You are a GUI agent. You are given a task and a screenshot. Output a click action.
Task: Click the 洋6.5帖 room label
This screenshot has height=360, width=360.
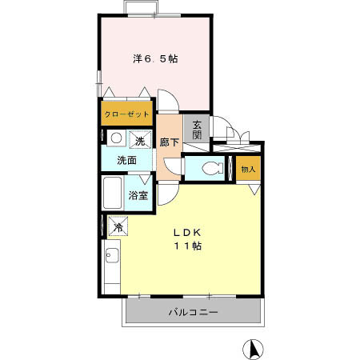coord(155,58)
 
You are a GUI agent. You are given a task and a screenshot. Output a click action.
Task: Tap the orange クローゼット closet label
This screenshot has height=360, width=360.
coord(126,114)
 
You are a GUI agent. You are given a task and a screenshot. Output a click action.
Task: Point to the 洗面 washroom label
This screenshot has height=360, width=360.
coord(126,160)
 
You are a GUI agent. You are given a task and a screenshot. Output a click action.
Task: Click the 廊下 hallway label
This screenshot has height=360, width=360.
coord(168,142)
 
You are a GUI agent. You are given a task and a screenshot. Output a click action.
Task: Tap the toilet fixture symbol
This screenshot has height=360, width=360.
coord(211,168)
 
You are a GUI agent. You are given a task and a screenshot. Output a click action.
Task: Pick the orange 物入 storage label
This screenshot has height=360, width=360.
coord(248,169)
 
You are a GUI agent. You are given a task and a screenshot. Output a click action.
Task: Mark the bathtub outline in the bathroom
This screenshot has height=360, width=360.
coord(113,195)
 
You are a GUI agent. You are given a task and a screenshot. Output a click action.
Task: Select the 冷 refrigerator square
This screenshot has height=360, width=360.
coord(117,226)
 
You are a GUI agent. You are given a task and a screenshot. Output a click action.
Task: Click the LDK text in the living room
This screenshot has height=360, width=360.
coord(186,232)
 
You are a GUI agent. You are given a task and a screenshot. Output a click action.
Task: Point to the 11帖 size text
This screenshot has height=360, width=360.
coord(187,246)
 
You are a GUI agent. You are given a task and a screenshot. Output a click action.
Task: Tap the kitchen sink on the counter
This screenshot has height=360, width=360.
coord(112,257)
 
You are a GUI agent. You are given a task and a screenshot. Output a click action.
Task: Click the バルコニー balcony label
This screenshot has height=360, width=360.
coord(193,312)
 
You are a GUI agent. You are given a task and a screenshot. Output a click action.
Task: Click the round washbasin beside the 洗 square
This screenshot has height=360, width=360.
coord(115,138)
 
